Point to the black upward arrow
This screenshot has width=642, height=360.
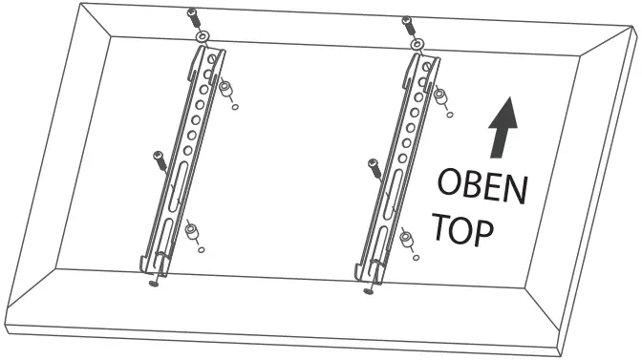click(501, 128)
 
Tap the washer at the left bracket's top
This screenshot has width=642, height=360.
click(202, 36)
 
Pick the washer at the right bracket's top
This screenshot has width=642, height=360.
click(417, 43)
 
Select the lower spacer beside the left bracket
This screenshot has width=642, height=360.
click(192, 231)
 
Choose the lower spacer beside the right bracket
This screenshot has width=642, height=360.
click(406, 237)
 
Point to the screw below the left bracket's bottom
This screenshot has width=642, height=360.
click(154, 284)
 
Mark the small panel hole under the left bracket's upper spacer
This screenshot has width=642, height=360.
click(234, 106)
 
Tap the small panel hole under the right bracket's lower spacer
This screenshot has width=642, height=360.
click(414, 256)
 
